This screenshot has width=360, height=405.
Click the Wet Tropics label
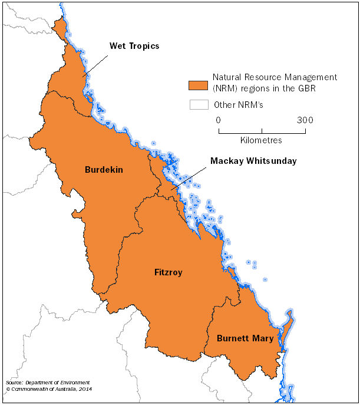click(134, 46)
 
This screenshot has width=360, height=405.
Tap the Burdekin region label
click(104, 170)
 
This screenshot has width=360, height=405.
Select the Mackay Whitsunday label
click(253, 160)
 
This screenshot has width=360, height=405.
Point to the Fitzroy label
click(168, 272)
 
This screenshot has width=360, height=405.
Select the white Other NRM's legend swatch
click(198, 105)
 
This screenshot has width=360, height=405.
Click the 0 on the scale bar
click(219, 120)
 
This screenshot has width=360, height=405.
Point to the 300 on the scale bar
click(305, 120)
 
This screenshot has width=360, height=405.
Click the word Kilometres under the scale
click(261, 140)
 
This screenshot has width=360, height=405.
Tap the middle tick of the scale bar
click(262, 130)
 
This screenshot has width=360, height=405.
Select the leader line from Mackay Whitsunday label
click(189, 177)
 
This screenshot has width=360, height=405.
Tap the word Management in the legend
click(312, 77)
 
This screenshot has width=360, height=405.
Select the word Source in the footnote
click(13, 383)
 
